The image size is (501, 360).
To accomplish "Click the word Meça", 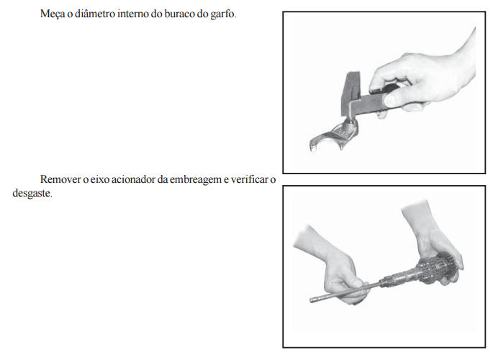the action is [x=53, y=14].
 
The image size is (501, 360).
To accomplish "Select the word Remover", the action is [x=60, y=179].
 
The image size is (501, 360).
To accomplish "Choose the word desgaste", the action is [x=32, y=194].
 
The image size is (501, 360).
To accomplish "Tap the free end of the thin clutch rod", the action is [x=311, y=300].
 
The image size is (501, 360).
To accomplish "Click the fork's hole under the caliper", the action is [x=350, y=122].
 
